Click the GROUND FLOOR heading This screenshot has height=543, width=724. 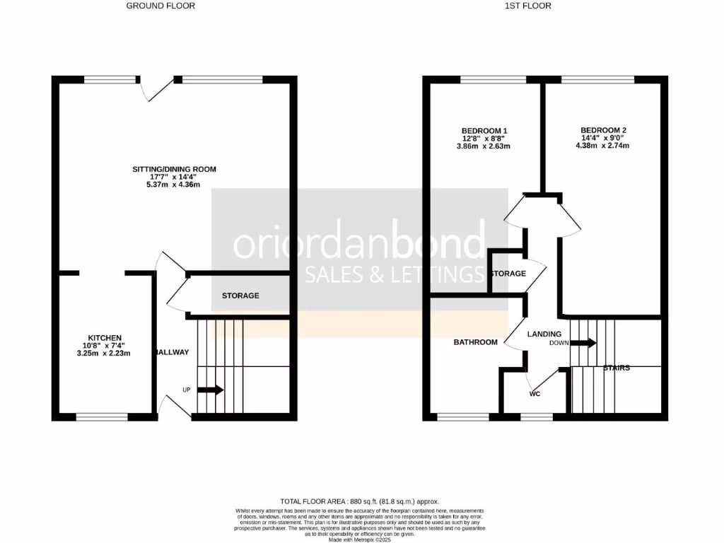tap(160, 6)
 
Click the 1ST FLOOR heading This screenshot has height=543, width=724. tap(527, 6)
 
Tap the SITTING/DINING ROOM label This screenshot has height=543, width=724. tap(174, 169)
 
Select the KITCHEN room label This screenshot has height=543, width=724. tap(105, 337)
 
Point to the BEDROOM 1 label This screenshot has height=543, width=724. tap(484, 131)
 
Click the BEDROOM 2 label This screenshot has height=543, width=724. tap(603, 130)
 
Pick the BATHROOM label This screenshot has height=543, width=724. tap(475, 342)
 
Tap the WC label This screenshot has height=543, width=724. tap(535, 394)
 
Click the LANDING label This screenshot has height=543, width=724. tap(544, 334)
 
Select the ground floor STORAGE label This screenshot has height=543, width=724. tap(240, 296)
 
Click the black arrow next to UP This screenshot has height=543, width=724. tap(211, 390)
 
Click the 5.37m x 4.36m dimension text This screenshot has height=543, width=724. tap(174, 185)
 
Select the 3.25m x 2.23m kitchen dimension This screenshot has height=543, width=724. tap(105, 353)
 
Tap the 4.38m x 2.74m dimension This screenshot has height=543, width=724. tap(603, 146)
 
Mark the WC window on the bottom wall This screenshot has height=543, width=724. tap(536, 417)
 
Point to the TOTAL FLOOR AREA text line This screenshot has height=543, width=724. tap(361, 501)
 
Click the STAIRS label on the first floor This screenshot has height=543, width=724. tap(617, 368)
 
